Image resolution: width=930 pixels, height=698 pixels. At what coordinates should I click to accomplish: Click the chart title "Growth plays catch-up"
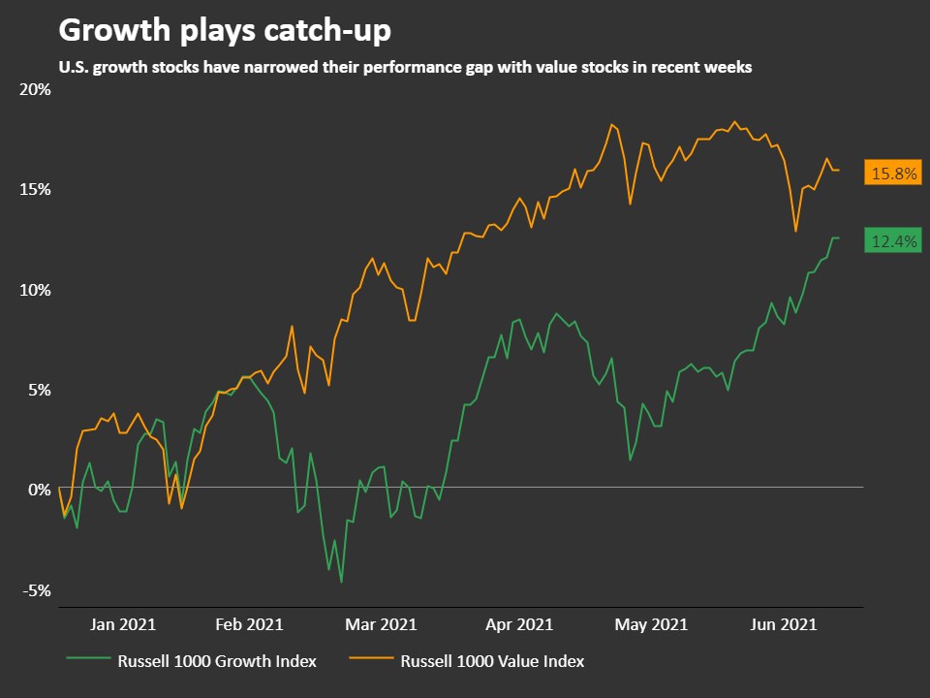[225, 31]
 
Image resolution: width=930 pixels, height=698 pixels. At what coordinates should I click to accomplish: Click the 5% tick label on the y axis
[39, 390]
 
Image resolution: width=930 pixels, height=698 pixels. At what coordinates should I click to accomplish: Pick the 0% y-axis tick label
[39, 490]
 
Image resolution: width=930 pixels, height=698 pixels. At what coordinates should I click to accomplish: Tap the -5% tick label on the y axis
[37, 590]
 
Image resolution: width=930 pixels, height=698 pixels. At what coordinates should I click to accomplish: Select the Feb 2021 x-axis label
[250, 624]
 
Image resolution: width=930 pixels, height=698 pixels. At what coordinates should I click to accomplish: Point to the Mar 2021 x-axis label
[384, 624]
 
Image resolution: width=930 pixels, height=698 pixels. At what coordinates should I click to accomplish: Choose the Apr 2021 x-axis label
[520, 624]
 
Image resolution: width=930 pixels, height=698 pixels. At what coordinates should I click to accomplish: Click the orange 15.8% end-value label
[893, 174]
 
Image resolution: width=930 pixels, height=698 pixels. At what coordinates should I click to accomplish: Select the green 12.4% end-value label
[893, 242]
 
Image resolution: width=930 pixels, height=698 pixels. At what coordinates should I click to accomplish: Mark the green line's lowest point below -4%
[341, 582]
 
